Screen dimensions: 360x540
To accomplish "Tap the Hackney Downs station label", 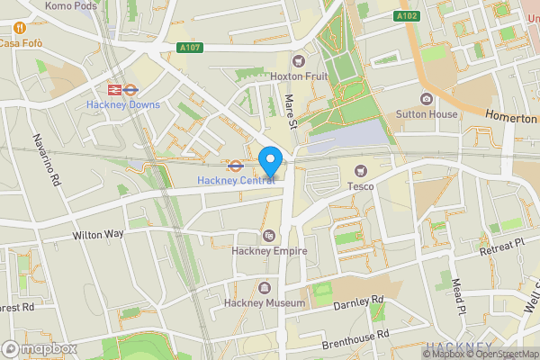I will tap(123, 104).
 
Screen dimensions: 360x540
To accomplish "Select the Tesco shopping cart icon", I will tap(361, 170).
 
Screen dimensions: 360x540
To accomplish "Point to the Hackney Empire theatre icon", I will tap(267, 236).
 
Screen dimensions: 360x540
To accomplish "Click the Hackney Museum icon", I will tap(265, 288).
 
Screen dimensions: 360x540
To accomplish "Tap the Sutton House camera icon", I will tap(426, 99).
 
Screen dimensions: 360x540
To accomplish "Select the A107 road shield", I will tap(190, 48).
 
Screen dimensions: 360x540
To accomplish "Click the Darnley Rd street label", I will tap(359, 301).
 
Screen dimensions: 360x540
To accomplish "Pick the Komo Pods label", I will tap(69, 5).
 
